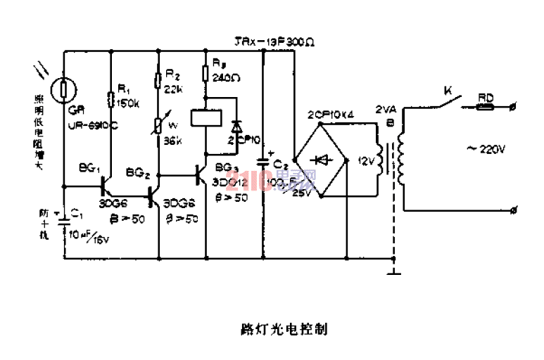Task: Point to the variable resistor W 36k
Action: tap(159, 124)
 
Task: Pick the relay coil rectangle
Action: tap(205, 117)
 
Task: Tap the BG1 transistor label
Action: tap(90, 168)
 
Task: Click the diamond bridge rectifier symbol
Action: tap(323, 160)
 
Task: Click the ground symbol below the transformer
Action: tap(394, 270)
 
